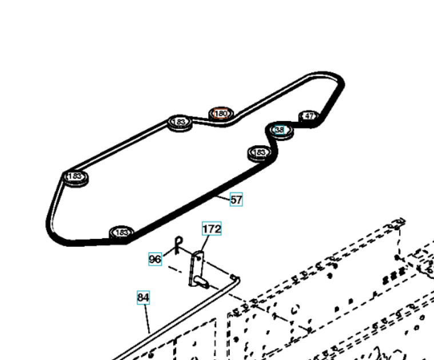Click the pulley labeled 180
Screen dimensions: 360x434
221,114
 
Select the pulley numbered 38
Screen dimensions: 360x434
280,130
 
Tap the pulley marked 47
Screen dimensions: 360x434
309,116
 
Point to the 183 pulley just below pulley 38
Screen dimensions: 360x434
260,153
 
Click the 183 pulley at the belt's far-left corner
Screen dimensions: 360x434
75,177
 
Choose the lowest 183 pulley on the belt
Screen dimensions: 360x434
122,233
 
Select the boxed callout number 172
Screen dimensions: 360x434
211,229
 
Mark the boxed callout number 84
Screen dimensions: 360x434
143,297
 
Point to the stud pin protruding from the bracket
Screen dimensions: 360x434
201,281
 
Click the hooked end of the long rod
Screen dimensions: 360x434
236,279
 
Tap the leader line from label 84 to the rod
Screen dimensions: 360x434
147,318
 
